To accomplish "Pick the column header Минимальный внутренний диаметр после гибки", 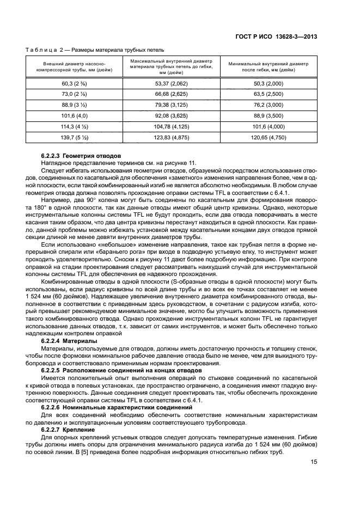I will [x=268, y=67].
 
